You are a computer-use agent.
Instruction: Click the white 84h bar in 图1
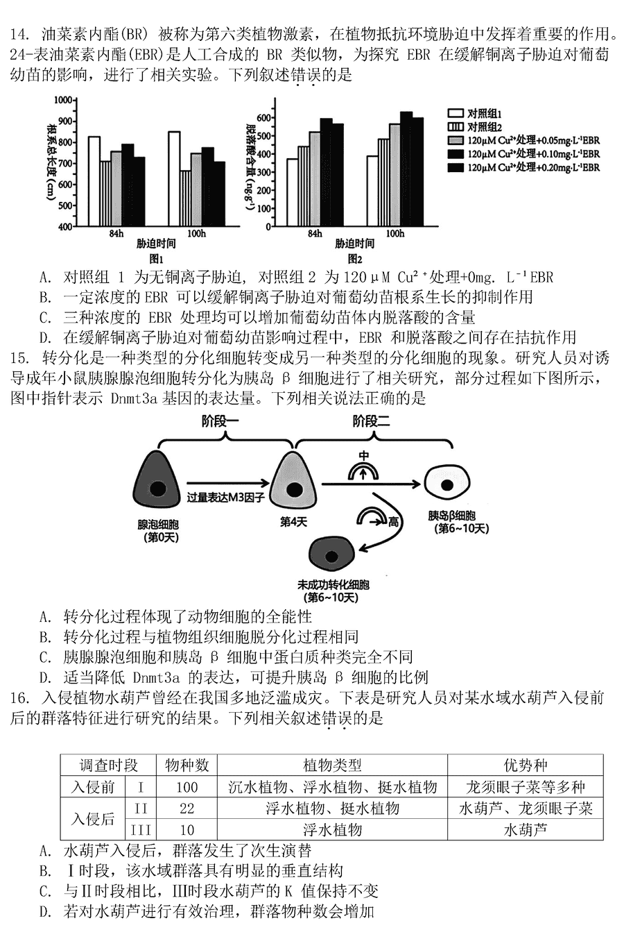pyautogui.click(x=94, y=181)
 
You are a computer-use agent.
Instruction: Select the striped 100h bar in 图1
pyautogui.click(x=185, y=198)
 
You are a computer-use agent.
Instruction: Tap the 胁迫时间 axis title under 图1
pyautogui.click(x=156, y=244)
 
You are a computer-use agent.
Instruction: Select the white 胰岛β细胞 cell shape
pyautogui.click(x=448, y=484)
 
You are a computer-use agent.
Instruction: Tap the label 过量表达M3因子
pyautogui.click(x=226, y=498)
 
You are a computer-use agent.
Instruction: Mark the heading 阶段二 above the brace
pyautogui.click(x=372, y=421)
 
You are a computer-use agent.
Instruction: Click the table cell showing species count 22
pyautogui.click(x=187, y=809)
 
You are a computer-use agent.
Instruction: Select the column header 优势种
pyautogui.click(x=525, y=765)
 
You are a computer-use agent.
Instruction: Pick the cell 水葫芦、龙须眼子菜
pyautogui.click(x=525, y=809)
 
